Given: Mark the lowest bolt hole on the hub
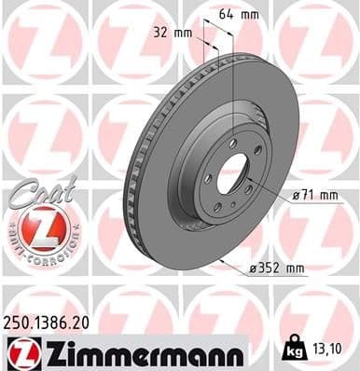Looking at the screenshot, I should click(x=217, y=208).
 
